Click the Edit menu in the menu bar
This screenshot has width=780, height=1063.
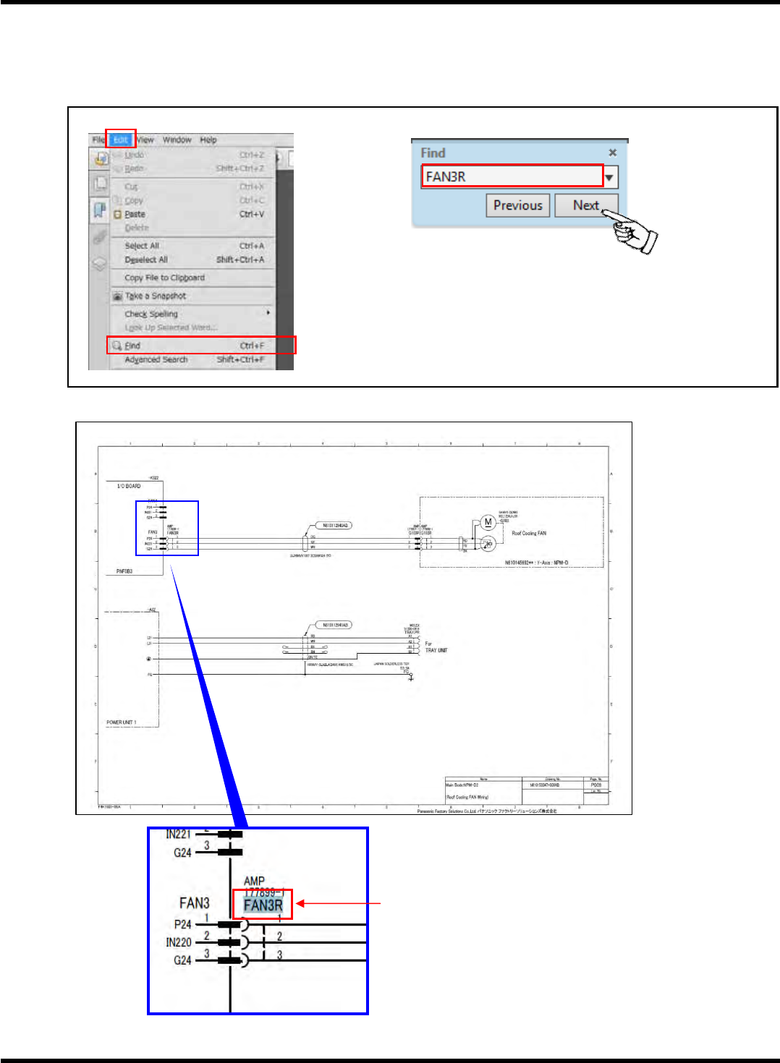(120, 140)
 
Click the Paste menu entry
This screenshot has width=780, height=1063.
(135, 214)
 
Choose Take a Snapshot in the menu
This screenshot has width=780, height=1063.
(156, 296)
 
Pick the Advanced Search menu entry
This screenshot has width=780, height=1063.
(156, 359)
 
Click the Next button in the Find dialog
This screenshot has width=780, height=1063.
(586, 205)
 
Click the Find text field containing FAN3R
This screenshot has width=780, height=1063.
(511, 176)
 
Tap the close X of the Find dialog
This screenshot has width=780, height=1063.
(612, 153)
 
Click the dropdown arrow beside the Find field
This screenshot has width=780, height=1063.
(610, 177)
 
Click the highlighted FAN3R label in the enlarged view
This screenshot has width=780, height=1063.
(263, 905)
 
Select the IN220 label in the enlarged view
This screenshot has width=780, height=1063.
(179, 942)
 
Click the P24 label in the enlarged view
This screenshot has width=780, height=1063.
(182, 924)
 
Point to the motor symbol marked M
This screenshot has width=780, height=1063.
(488, 522)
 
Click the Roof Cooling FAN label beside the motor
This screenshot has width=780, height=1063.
(529, 533)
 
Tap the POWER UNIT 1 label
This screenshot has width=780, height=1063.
(122, 722)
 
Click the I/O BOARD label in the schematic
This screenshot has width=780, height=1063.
(129, 486)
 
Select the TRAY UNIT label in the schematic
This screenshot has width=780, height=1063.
(436, 650)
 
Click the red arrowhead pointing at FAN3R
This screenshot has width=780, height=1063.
(300, 903)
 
